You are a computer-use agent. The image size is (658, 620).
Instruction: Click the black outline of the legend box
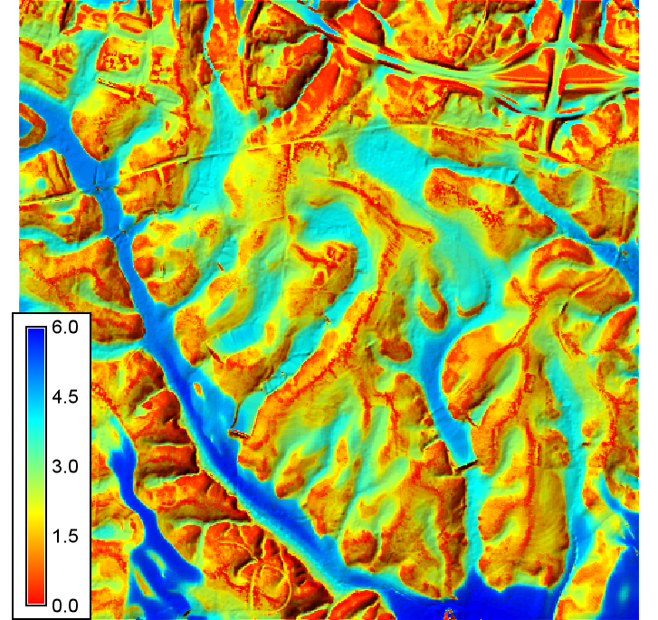tap(11, 453)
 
